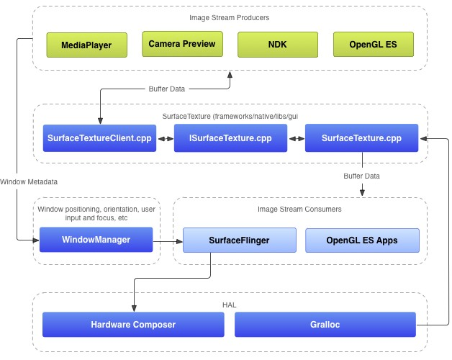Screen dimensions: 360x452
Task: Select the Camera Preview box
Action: (x=181, y=44)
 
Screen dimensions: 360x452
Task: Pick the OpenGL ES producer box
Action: (x=373, y=45)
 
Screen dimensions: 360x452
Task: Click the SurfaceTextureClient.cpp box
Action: (x=99, y=138)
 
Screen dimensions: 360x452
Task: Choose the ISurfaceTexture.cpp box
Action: (x=230, y=138)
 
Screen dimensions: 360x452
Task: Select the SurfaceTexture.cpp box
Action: (x=362, y=138)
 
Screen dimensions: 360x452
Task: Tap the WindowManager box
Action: (x=96, y=240)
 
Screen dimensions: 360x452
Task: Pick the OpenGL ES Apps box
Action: (x=361, y=240)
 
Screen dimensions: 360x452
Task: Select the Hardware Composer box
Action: (x=133, y=325)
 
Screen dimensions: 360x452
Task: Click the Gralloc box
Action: (x=325, y=325)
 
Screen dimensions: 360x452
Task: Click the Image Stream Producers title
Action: (x=230, y=17)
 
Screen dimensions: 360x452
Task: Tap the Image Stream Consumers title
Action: (x=299, y=210)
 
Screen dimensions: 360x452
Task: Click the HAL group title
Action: (x=230, y=305)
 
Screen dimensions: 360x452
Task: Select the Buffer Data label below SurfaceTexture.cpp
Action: (x=362, y=174)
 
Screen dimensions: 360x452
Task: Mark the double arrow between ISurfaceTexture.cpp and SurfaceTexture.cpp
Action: (x=296, y=138)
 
